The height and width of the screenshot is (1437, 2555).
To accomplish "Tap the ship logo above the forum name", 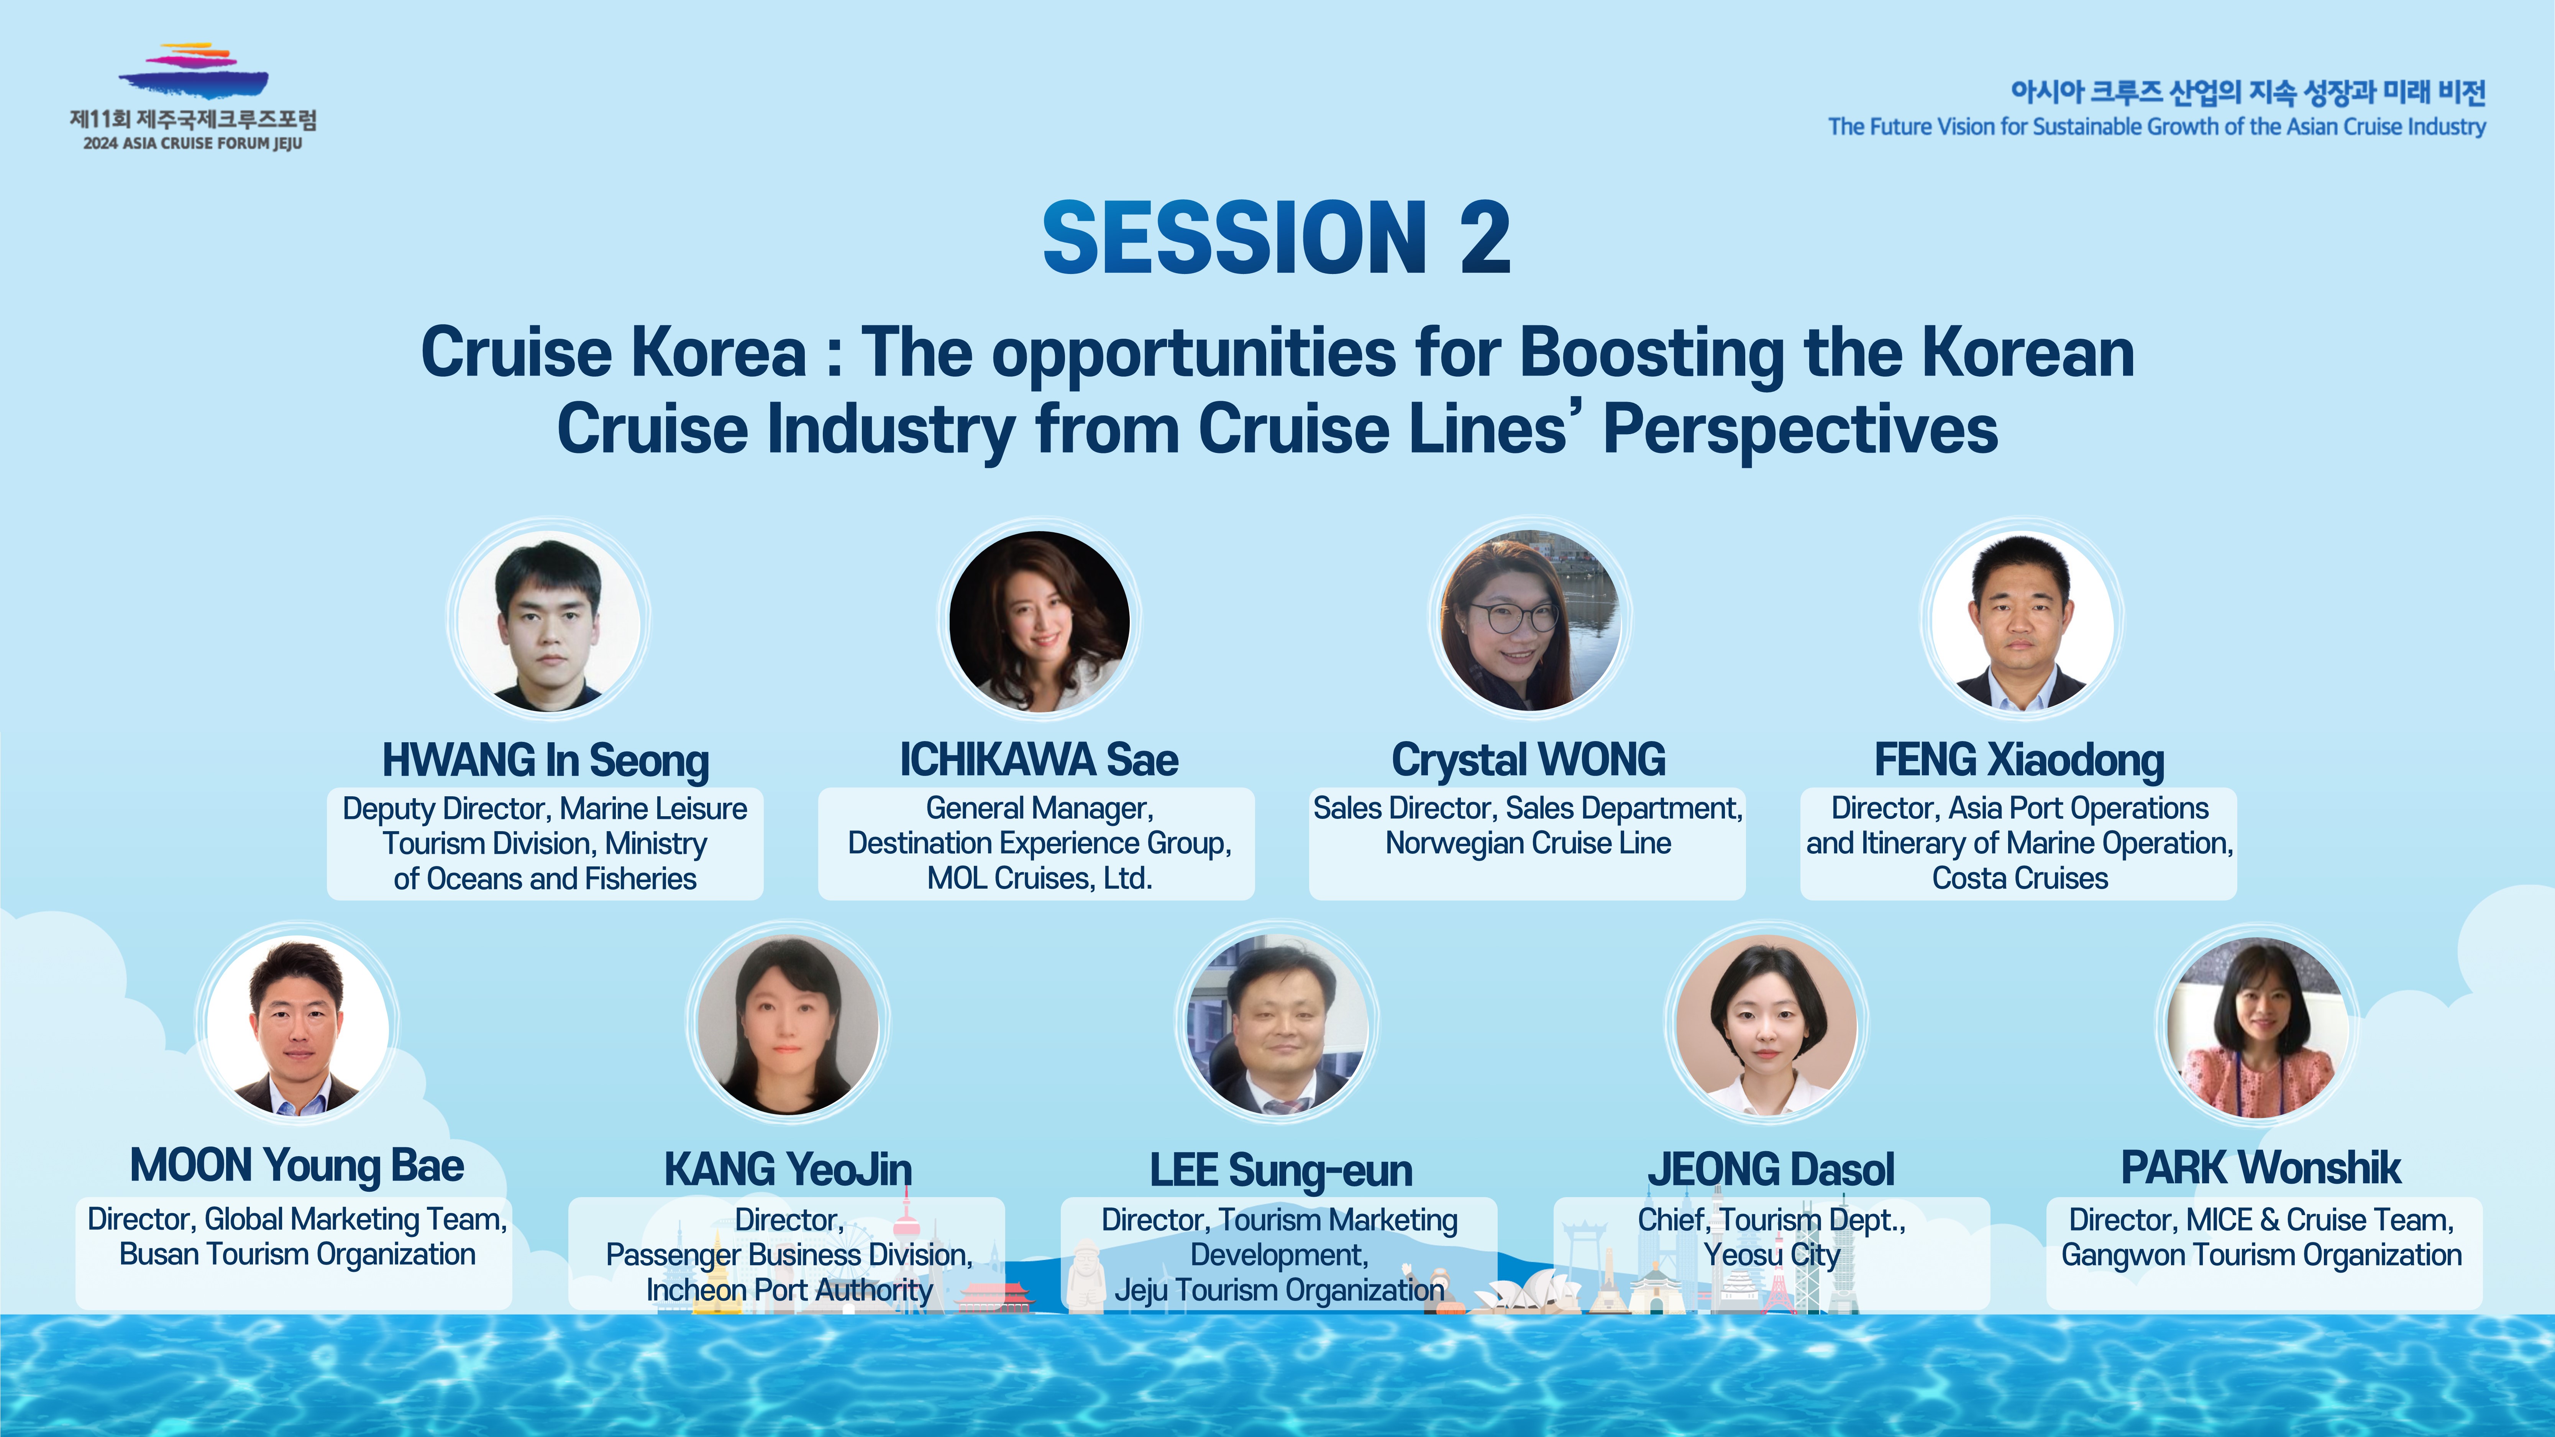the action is click(x=194, y=71).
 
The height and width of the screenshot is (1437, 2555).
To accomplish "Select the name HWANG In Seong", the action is click(x=545, y=761).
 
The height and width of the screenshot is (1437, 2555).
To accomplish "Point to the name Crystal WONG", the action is click(x=1528, y=761).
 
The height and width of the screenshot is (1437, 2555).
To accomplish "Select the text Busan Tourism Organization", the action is click(x=297, y=1255).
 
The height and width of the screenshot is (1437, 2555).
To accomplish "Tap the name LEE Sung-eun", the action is click(x=1280, y=1170).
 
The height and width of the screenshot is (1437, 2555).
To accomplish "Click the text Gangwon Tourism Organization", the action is click(x=2261, y=1255).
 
